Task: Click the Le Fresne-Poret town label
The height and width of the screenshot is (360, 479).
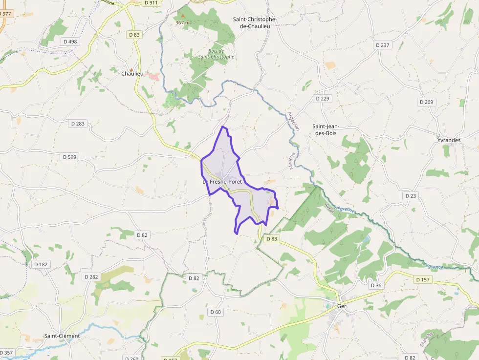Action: pyautogui.click(x=222, y=181)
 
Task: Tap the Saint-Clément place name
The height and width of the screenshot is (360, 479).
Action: pyautogui.click(x=62, y=336)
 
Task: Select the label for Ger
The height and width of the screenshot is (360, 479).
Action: pyautogui.click(x=342, y=306)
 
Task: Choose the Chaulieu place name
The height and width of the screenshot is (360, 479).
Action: pyautogui.click(x=132, y=74)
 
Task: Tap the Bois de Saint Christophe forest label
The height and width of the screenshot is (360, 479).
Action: pyautogui.click(x=216, y=54)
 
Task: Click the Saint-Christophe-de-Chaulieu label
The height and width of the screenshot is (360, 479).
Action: pyautogui.click(x=255, y=22)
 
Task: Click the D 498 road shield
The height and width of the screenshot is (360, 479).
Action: pyautogui.click(x=70, y=42)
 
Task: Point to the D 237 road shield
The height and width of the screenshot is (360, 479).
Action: pyautogui.click(x=383, y=45)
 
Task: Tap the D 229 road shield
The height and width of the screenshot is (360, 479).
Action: pyautogui.click(x=323, y=98)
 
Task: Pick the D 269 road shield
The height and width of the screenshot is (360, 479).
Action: pyautogui.click(x=426, y=102)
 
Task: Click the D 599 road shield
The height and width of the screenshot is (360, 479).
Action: pyautogui.click(x=70, y=157)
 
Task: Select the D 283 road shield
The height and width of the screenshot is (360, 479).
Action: pyautogui.click(x=78, y=124)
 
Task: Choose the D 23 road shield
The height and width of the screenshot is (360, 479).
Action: pyautogui.click(x=411, y=195)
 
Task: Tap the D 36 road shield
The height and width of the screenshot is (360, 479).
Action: pyautogui.click(x=376, y=285)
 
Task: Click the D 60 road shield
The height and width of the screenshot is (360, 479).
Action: pyautogui.click(x=216, y=312)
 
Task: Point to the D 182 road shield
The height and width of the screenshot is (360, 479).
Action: pyautogui.click(x=42, y=264)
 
